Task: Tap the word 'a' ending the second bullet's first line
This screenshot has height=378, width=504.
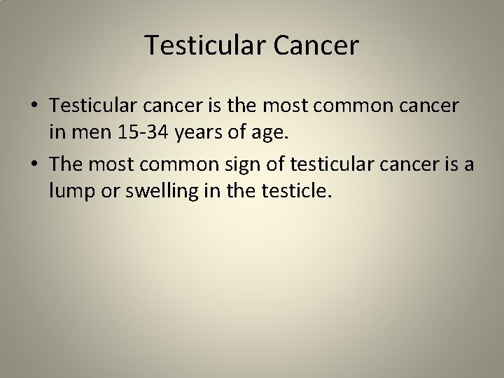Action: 468,166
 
